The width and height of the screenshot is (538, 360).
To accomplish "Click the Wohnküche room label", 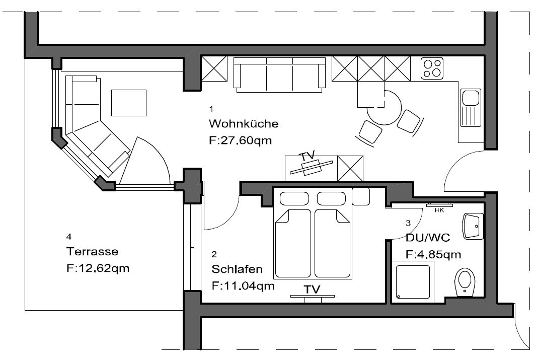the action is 244,123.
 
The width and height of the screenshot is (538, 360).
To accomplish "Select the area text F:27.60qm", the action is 240,140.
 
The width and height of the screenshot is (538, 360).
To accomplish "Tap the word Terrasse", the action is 92,252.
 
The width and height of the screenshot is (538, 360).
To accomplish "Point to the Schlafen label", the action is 237,269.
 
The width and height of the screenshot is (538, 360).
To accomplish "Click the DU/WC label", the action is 427,238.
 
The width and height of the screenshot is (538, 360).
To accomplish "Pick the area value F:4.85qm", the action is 433,255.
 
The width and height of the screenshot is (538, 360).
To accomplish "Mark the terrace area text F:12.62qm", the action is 98,268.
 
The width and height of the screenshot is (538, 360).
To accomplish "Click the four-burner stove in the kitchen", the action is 432,68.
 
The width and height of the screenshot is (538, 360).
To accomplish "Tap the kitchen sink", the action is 471,107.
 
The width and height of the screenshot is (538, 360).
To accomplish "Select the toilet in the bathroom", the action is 465,281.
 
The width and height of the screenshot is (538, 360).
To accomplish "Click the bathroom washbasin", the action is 473,226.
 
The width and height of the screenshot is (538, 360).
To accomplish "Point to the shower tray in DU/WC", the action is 413,282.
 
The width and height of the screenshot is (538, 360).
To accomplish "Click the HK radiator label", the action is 439,210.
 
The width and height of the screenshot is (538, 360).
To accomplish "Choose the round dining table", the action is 385,107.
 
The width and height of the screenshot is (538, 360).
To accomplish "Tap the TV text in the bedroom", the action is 312,290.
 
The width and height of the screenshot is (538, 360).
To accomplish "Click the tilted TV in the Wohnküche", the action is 311,167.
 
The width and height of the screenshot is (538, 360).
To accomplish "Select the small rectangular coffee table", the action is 129,103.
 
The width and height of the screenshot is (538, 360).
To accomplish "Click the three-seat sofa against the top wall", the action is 279,75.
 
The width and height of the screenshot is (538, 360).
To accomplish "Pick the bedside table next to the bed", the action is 361,197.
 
